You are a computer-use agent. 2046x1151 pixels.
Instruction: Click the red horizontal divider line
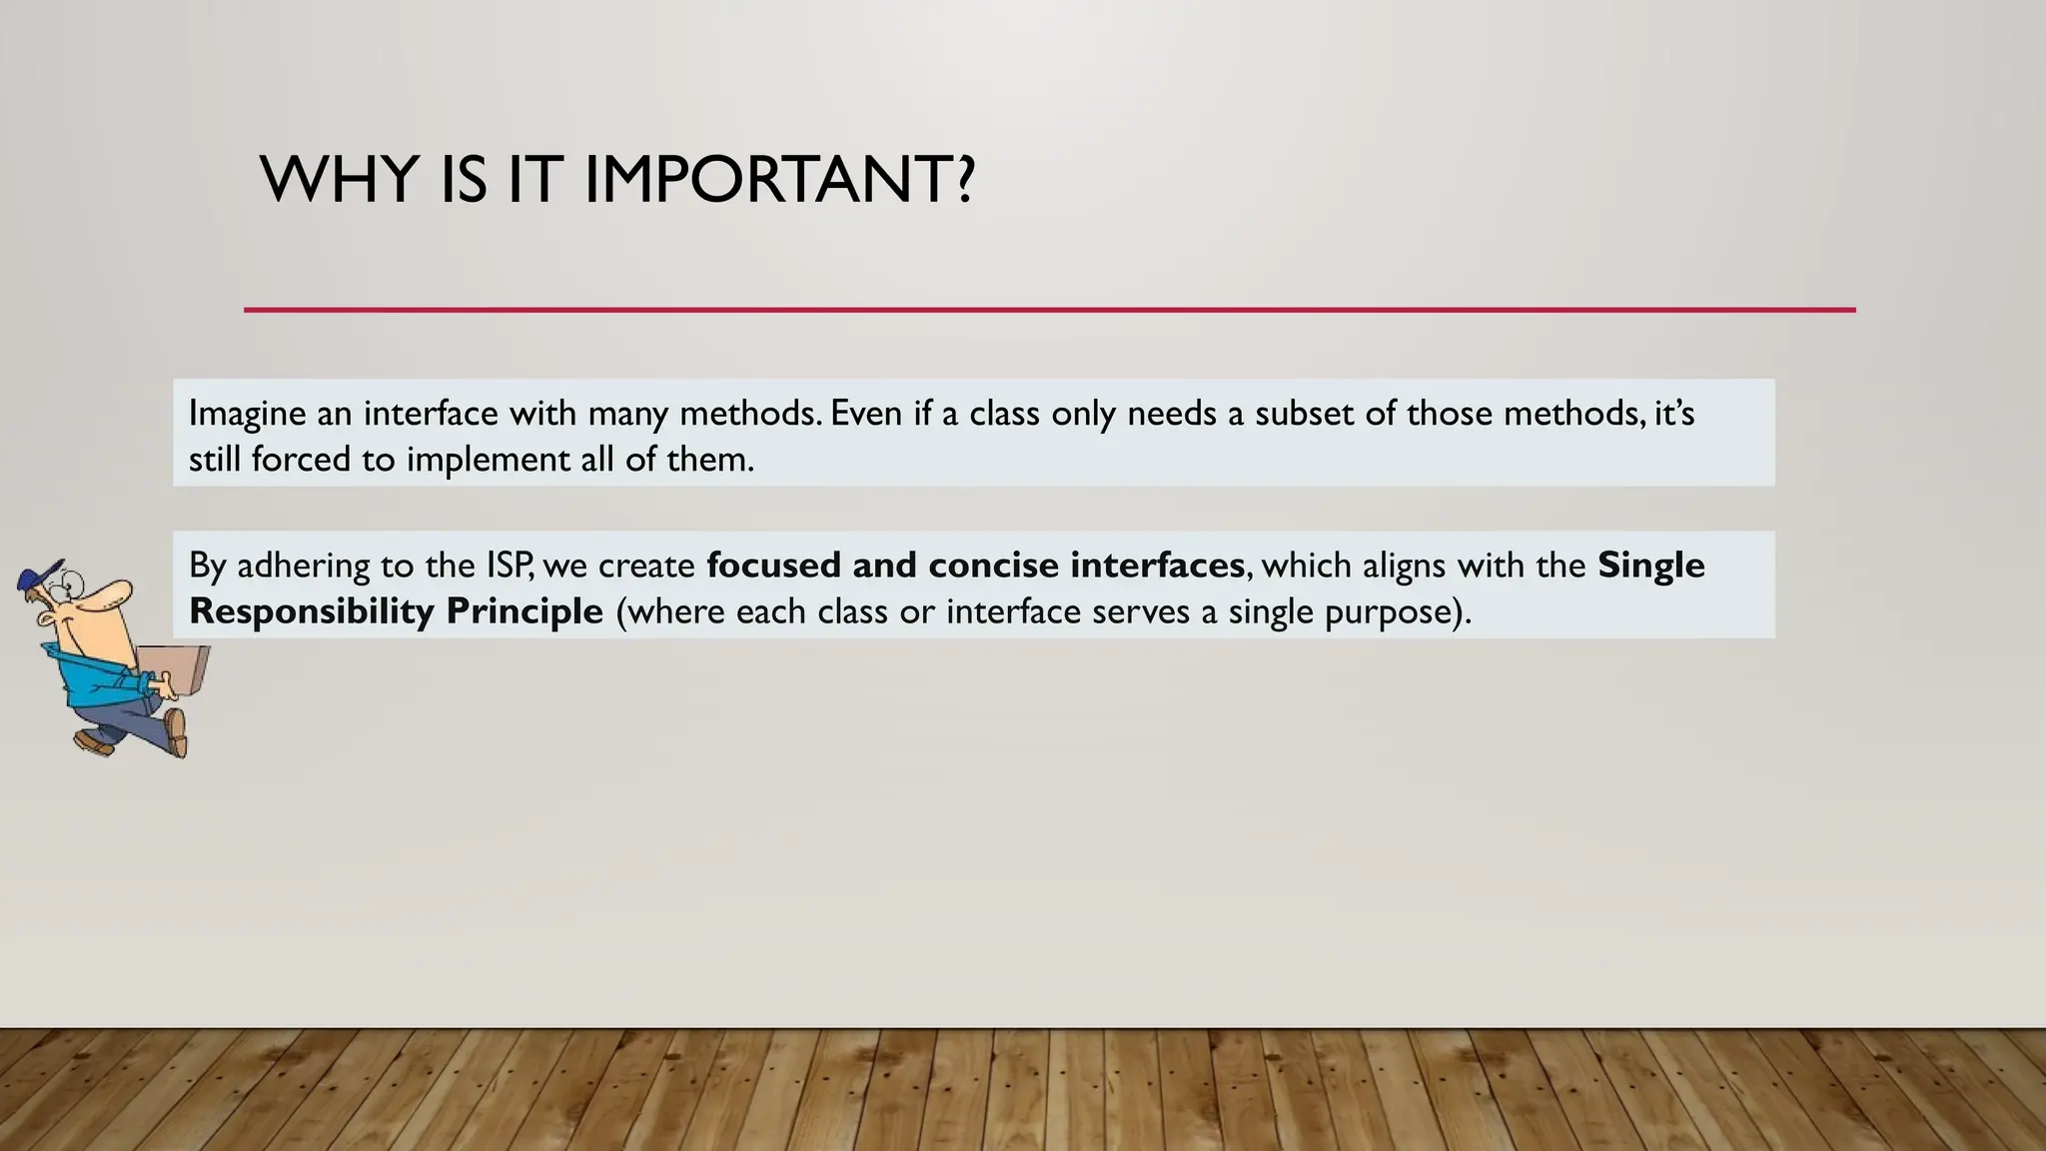[x=1049, y=310]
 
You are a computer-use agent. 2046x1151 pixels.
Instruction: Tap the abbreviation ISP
[x=510, y=566]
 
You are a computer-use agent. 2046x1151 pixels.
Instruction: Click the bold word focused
[x=773, y=566]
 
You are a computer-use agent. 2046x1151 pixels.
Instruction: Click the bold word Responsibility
[x=311, y=611]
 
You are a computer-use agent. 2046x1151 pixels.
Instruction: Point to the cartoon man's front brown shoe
[x=176, y=732]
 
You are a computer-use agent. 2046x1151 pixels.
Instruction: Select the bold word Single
[x=1651, y=566]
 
